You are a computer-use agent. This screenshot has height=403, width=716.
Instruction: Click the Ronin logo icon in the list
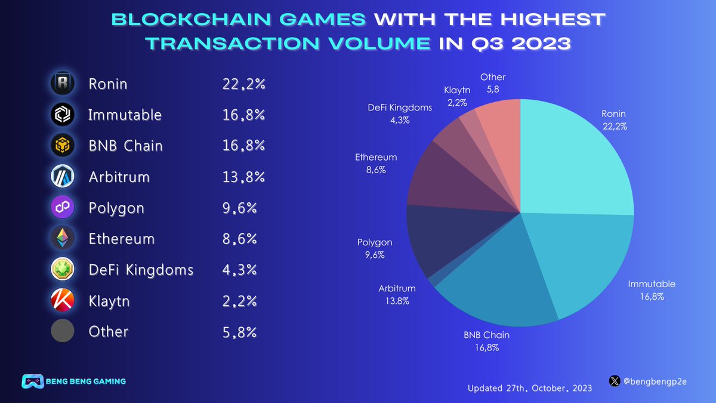pos(63,84)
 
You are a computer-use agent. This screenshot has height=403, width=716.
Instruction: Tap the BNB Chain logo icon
pos(63,146)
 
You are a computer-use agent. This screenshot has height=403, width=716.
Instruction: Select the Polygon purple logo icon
pos(63,208)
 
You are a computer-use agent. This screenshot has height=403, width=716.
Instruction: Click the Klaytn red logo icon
pos(63,300)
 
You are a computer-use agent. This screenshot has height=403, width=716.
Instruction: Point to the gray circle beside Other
pos(63,331)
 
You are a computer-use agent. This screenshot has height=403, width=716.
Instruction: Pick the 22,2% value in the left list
pos(243,84)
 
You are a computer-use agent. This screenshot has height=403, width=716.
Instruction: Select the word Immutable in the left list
pos(125,115)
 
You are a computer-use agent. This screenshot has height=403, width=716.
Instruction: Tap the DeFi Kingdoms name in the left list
pos(141,270)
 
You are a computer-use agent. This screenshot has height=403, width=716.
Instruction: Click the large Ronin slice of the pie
pos(573,161)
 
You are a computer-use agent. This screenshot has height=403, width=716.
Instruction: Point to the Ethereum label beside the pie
pos(376,158)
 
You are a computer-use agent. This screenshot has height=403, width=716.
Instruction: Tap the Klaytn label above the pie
pos(457,90)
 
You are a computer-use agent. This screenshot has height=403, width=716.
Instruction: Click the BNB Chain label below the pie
pos(486,335)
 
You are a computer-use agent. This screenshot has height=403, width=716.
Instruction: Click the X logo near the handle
pos(615,380)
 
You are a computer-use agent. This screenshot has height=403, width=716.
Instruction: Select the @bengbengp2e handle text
pos(655,381)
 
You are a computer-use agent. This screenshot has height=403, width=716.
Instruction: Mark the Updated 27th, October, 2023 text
pos(530,388)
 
